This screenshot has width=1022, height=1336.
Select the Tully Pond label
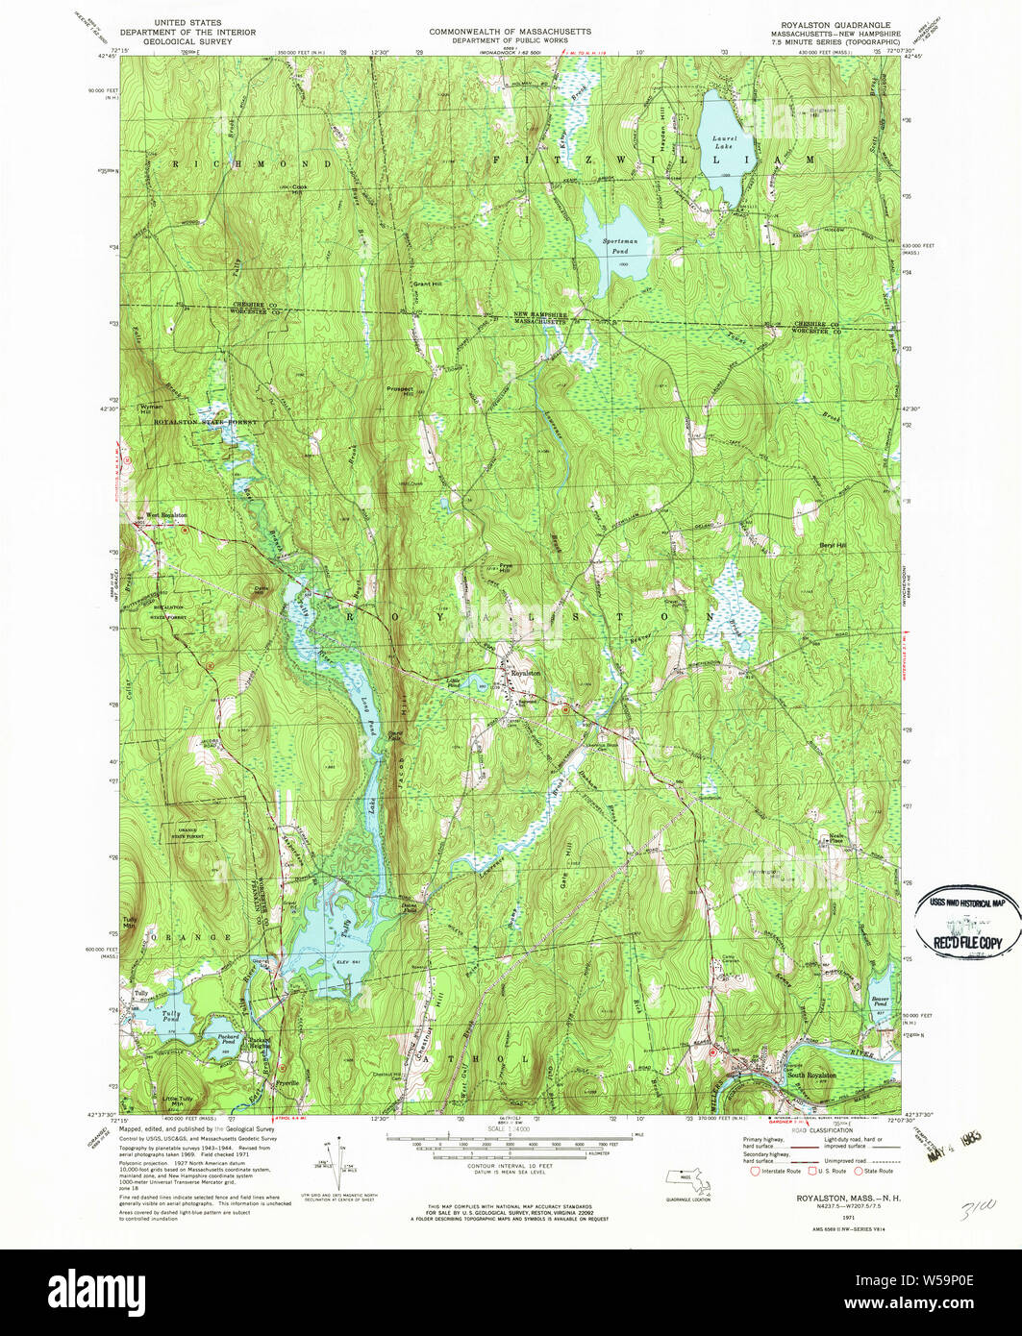point(171,1016)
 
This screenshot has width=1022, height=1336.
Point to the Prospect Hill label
point(401,392)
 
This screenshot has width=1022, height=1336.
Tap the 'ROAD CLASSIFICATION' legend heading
point(817,1130)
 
